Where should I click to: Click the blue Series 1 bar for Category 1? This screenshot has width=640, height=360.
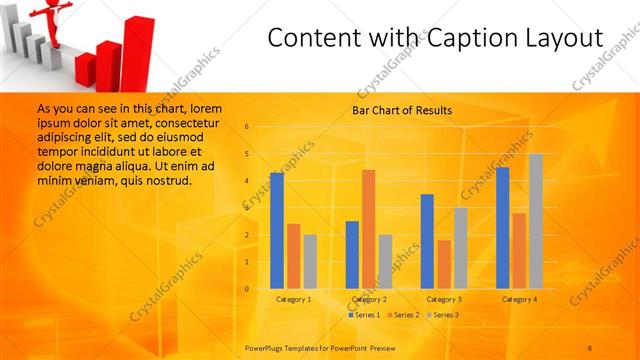pyautogui.click(x=277, y=230)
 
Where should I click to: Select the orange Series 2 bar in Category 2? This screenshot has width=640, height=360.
pyautogui.click(x=368, y=229)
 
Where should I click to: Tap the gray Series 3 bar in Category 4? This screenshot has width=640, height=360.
pyautogui.click(x=536, y=221)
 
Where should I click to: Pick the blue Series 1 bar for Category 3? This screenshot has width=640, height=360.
pyautogui.click(x=427, y=241)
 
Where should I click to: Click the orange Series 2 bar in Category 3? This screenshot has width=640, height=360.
pyautogui.click(x=444, y=264)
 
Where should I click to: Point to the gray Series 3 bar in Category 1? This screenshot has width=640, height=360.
pyautogui.click(x=310, y=261)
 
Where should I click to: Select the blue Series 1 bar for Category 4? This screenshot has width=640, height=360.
pyautogui.click(x=502, y=228)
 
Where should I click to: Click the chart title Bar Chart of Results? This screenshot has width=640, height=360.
pyautogui.click(x=402, y=110)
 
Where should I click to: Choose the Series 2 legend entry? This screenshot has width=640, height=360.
pyautogui.click(x=403, y=315)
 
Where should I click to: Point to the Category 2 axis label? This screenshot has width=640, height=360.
pyautogui.click(x=369, y=299)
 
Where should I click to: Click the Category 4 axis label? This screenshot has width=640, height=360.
pyautogui.click(x=519, y=299)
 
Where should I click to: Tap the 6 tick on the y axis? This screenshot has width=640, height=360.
pyautogui.click(x=246, y=127)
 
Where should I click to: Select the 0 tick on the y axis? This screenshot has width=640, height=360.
pyautogui.click(x=246, y=289)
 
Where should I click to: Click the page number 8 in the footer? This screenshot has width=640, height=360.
pyautogui.click(x=591, y=346)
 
